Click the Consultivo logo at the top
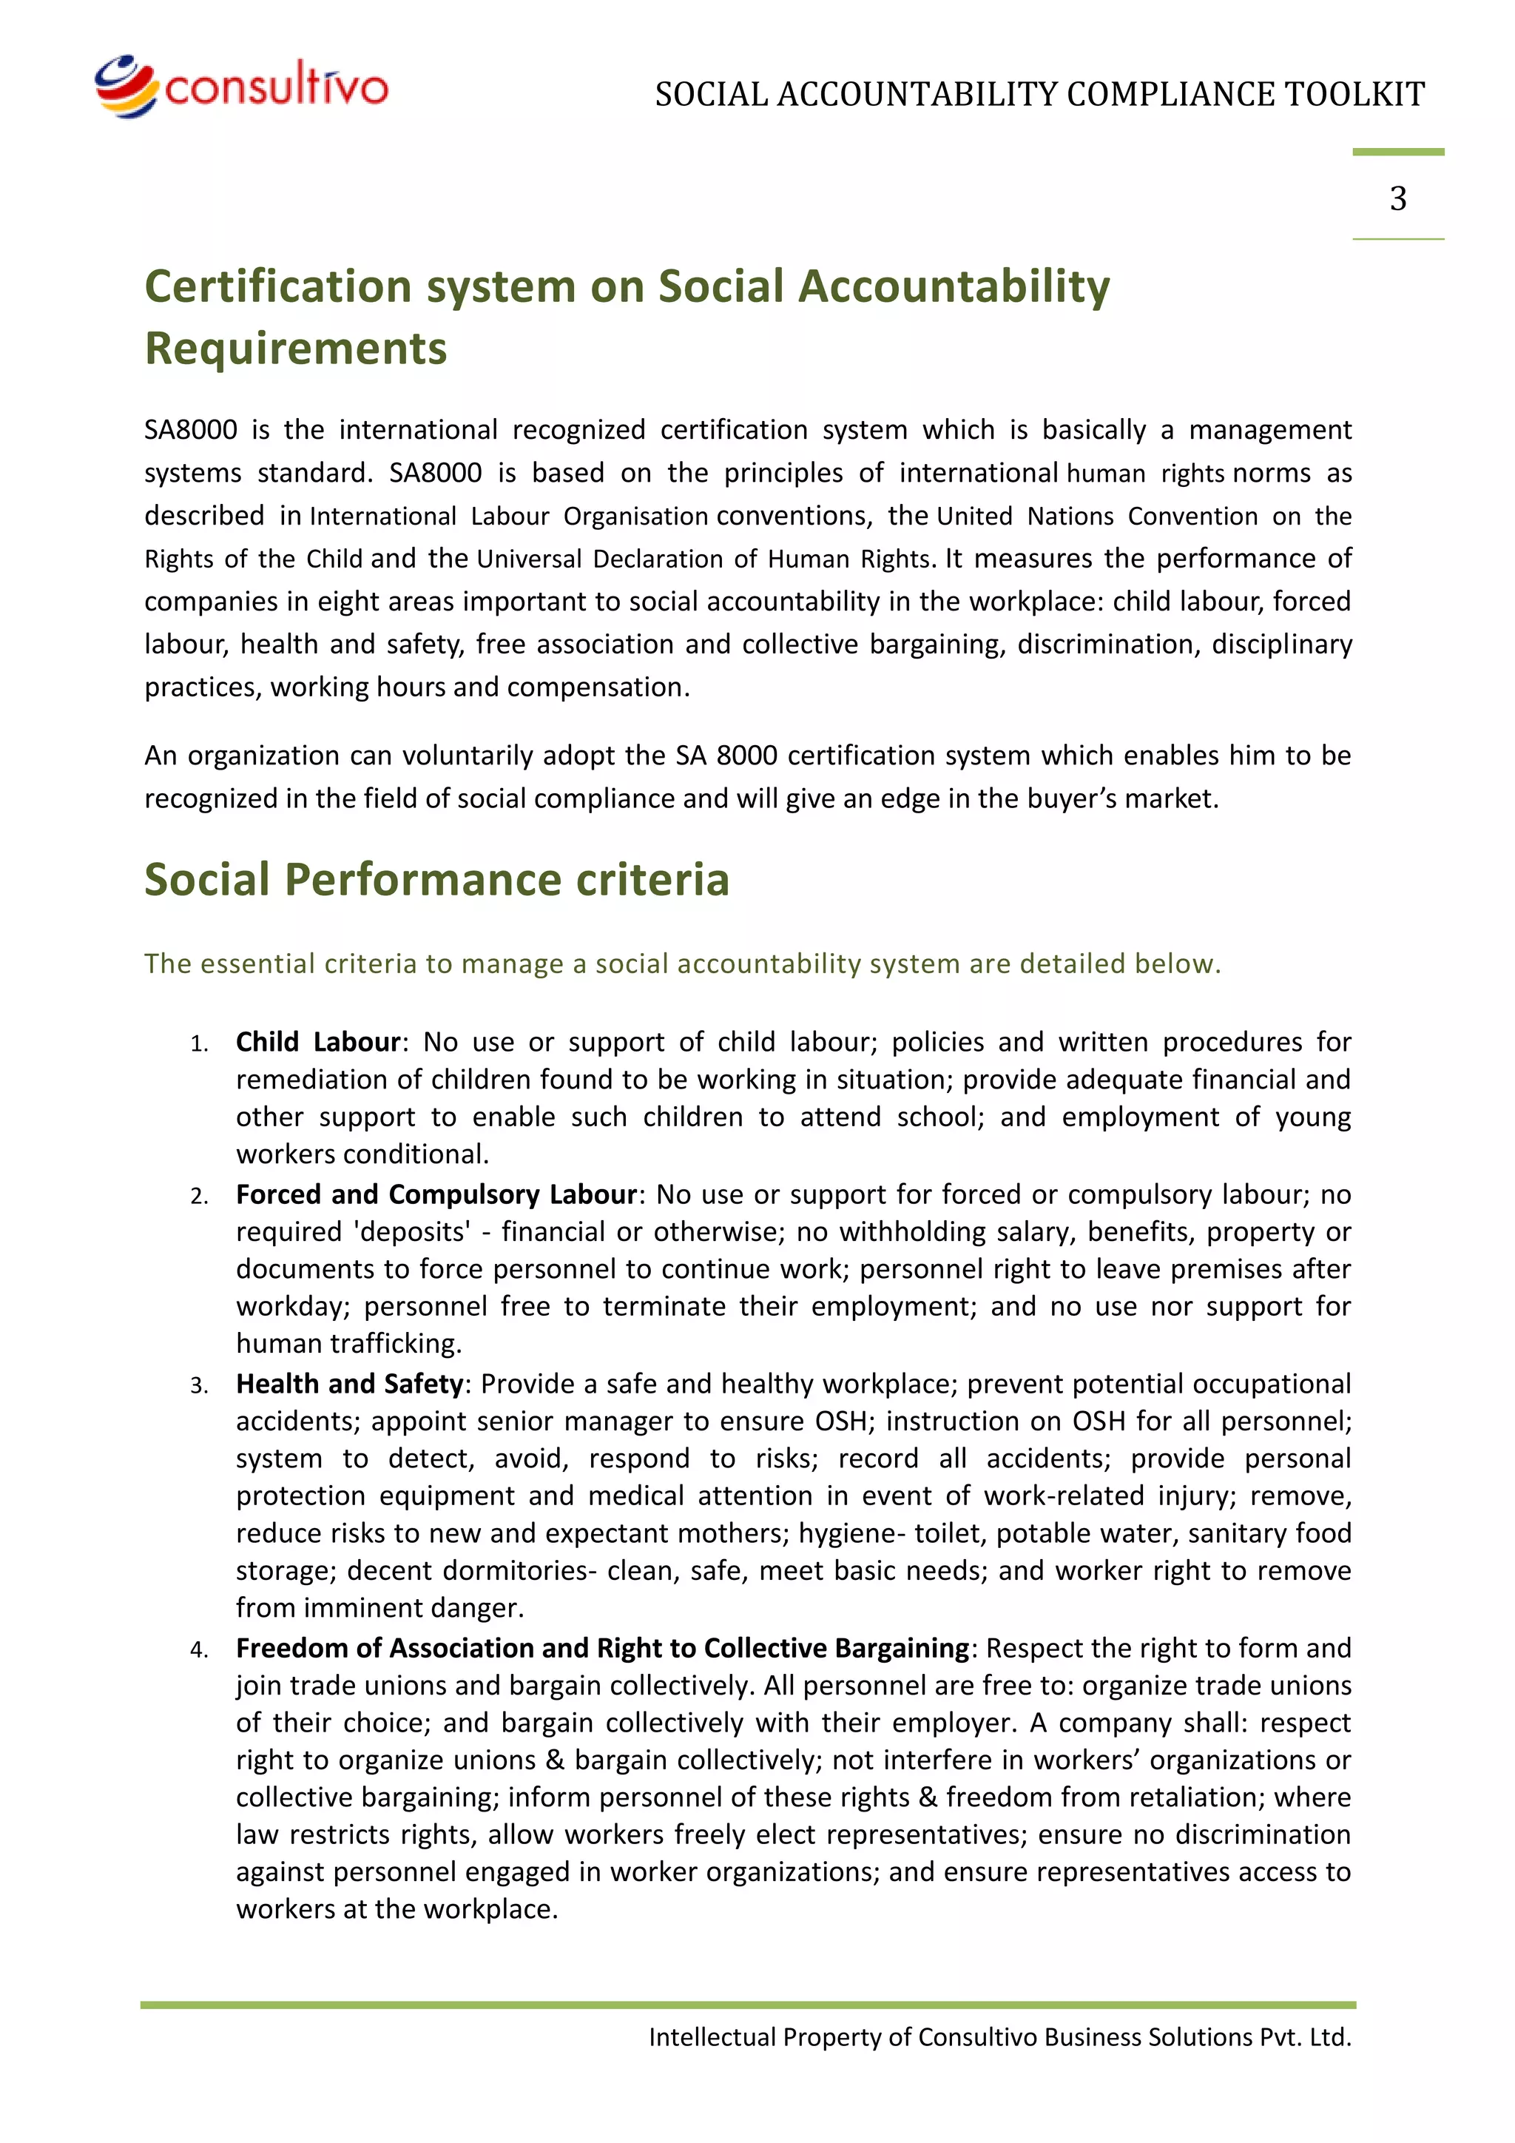(240, 87)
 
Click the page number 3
(1397, 198)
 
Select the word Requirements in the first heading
(296, 348)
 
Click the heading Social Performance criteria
(436, 879)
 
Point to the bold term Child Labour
(317, 1042)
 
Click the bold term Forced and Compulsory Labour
(436, 1194)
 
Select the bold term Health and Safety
(349, 1383)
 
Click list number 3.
(199, 1385)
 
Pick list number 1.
(199, 1043)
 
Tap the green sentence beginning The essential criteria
(682, 963)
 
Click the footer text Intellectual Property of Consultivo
(999, 2036)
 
